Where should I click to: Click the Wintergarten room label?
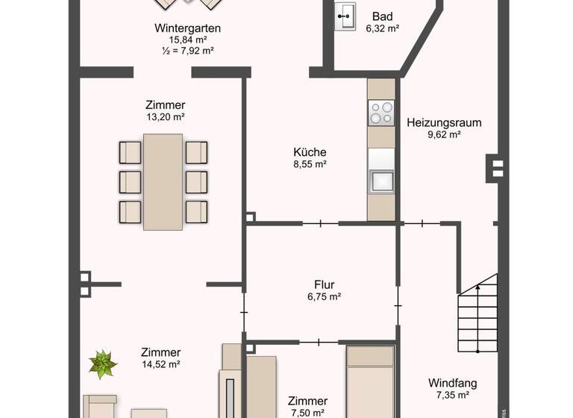tap(187, 28)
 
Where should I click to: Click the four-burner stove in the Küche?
tap(381, 113)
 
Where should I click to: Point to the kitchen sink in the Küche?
tap(381, 181)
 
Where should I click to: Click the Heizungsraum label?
tap(444, 122)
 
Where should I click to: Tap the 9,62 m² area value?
tap(444, 135)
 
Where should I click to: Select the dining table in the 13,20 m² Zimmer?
tap(163, 181)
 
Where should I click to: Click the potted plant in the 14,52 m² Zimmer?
tap(102, 365)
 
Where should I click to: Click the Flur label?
tap(324, 284)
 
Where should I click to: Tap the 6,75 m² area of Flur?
tap(324, 296)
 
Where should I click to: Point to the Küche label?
tap(310, 152)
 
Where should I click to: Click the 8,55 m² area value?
tap(310, 163)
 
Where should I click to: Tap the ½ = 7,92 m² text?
tap(187, 51)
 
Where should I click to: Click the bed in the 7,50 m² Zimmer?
tap(369, 388)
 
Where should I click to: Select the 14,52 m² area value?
tap(160, 364)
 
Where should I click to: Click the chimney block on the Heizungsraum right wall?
tap(495, 168)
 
